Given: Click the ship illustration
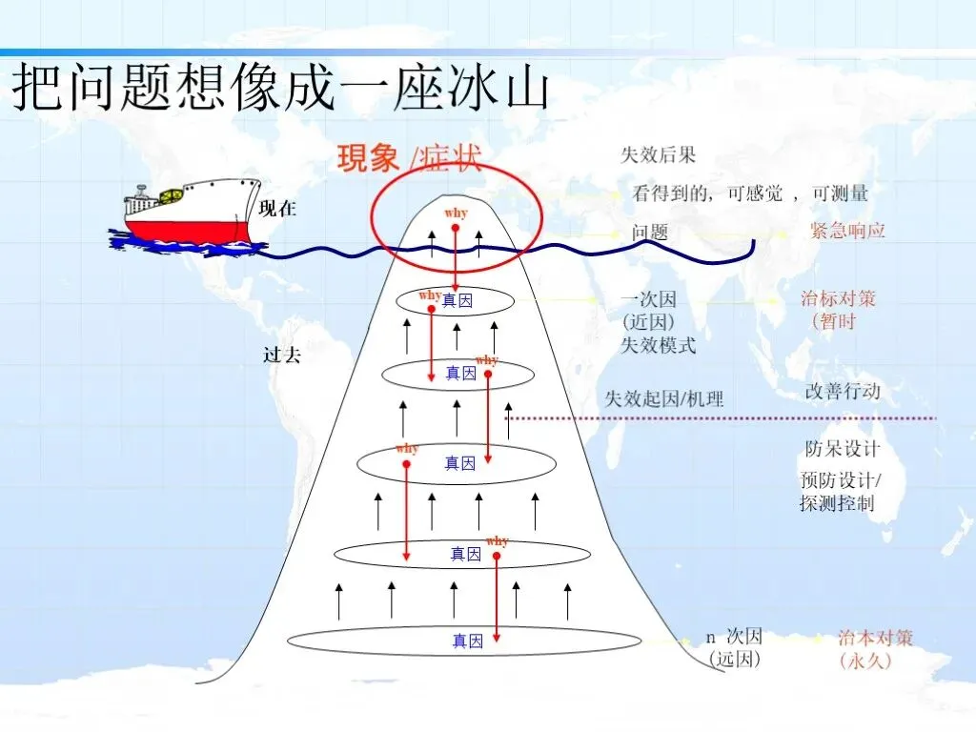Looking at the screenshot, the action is [186, 215].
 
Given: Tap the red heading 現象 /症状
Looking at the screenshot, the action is [409, 159].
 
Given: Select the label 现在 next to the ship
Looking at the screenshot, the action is [278, 209].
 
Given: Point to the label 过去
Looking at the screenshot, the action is [282, 356].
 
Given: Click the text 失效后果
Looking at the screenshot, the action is [659, 155].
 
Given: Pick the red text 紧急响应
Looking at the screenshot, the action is [847, 231].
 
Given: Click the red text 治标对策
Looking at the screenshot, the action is [838, 298].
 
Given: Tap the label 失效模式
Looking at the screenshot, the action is [659, 345].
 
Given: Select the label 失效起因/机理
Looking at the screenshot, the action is [665, 398].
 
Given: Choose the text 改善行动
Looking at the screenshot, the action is [842, 392].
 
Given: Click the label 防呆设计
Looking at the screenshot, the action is [842, 448].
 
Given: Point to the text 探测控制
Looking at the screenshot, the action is [837, 503].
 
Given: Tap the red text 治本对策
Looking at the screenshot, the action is [875, 638].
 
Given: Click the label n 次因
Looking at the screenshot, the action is [734, 637].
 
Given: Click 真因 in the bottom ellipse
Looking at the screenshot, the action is [468, 641].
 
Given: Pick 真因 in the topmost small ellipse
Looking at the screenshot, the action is [457, 301].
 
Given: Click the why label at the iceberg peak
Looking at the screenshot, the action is [456, 213].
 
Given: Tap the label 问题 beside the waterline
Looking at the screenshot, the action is [650, 232].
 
